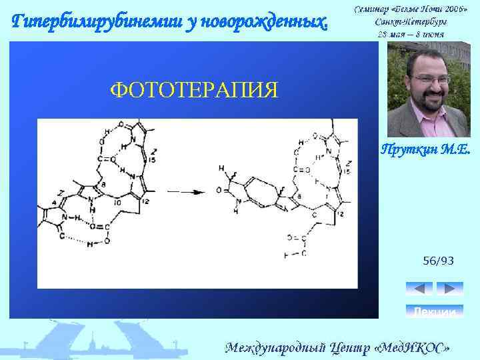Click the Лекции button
pos(434,311)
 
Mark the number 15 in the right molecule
pos(347,171)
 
